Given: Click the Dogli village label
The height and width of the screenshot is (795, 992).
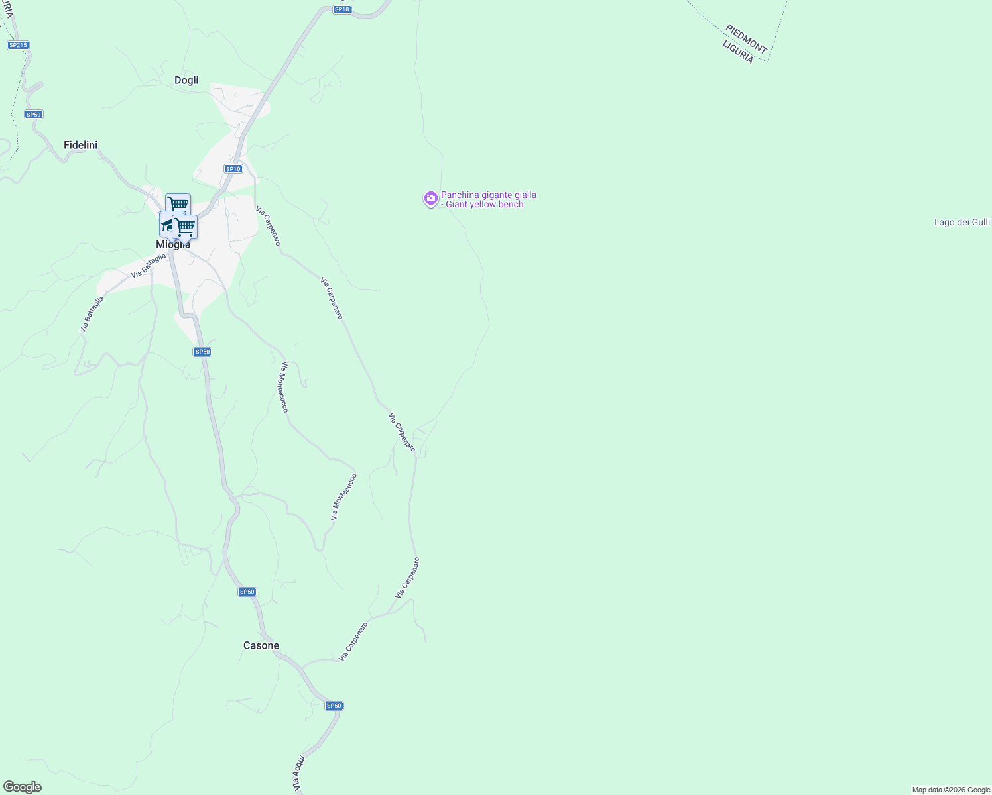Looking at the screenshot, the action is tap(186, 80).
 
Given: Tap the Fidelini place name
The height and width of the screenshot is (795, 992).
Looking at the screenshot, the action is tap(80, 145).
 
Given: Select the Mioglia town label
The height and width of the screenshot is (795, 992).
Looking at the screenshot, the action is tap(173, 245).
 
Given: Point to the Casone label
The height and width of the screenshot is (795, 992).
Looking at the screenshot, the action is tap(261, 645).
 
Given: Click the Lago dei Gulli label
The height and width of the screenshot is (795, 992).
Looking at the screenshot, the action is tap(961, 222).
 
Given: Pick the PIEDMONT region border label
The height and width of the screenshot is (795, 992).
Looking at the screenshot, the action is tap(746, 39).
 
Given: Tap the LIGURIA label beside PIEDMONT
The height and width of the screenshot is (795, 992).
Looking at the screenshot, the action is tap(737, 52).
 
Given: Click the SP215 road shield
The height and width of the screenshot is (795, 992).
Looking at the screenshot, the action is tap(18, 45).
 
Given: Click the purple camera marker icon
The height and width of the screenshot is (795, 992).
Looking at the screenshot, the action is tap(430, 198).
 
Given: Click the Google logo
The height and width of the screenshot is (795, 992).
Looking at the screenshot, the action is tap(22, 787).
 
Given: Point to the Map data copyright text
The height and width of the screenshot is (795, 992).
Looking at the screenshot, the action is tap(951, 790).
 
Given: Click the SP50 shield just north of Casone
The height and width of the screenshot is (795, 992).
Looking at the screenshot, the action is tap(247, 592).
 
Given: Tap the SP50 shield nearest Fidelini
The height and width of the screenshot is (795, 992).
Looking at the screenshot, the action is tap(34, 115).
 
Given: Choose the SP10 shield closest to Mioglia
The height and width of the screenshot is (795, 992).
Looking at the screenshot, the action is tap(233, 169).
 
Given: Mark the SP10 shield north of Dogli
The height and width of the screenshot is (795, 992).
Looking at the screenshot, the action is tap(341, 9).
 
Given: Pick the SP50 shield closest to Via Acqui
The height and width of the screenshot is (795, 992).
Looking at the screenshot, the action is tap(334, 706).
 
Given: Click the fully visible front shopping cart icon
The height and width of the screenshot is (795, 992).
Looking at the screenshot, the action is tap(184, 227).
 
